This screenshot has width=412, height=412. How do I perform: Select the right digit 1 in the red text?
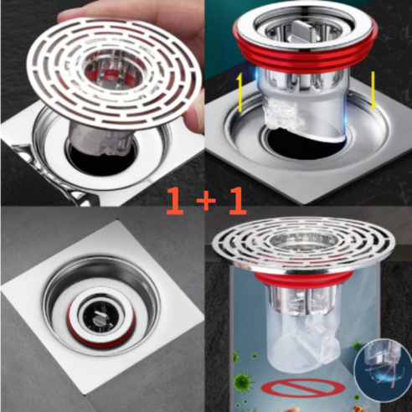point(238,200)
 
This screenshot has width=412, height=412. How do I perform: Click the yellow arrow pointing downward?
point(373,91)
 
